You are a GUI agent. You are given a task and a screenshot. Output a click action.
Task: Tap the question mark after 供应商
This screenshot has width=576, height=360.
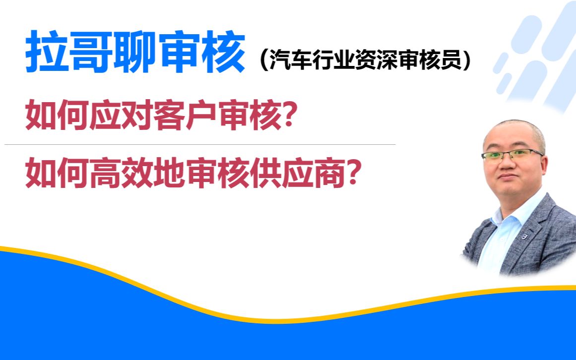(353, 174)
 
